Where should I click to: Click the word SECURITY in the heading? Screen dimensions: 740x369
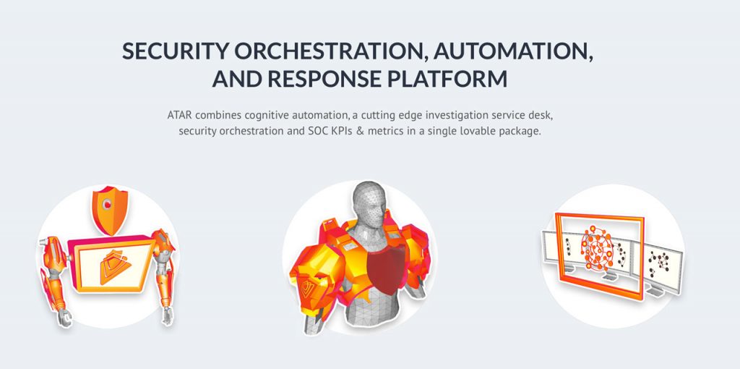[175, 51]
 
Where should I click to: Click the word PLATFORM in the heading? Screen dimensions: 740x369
[447, 79]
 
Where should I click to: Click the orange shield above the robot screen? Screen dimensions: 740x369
[110, 209]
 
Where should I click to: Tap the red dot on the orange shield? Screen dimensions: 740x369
[108, 204]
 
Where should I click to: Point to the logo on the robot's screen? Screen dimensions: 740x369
[115, 266]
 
